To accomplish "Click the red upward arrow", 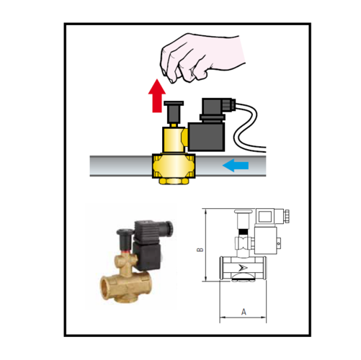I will [x=155, y=97].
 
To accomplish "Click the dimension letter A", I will [x=244, y=312].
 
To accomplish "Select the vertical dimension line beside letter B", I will [x=208, y=252].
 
